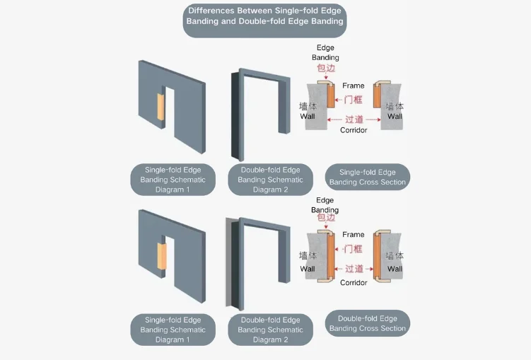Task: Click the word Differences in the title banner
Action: click(211, 11)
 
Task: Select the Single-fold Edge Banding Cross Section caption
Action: click(368, 177)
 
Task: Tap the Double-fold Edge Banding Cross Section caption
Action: click(368, 323)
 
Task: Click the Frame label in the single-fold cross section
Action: click(354, 86)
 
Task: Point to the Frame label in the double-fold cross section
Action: click(354, 234)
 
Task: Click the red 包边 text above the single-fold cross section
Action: click(326, 68)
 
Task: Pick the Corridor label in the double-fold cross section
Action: click(354, 282)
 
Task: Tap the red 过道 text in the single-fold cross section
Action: click(354, 120)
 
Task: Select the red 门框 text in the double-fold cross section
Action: click(354, 249)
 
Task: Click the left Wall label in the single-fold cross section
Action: click(308, 117)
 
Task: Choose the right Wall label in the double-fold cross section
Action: click(395, 269)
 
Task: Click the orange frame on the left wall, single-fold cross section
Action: click(331, 95)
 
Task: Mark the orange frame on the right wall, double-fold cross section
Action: click(377, 256)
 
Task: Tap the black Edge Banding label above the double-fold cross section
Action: click(325, 205)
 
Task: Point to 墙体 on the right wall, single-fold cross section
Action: click(395, 106)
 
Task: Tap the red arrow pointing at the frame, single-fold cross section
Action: click(339, 100)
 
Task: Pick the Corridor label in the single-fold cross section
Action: click(354, 130)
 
